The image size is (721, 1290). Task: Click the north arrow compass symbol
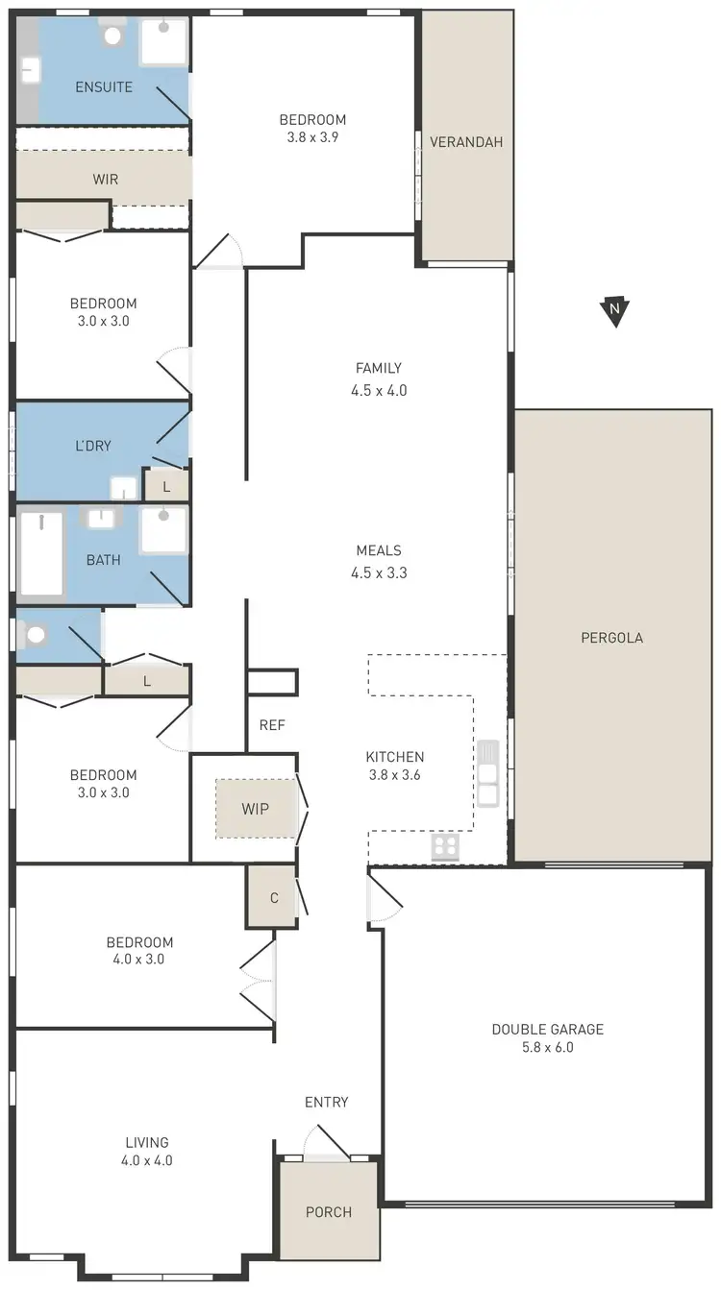click(x=614, y=311)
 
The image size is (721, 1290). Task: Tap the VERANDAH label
click(x=466, y=142)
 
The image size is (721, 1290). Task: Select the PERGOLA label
click(x=611, y=638)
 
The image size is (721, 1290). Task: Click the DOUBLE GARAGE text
click(x=547, y=1030)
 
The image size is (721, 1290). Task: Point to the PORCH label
click(x=329, y=1212)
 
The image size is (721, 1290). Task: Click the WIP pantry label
click(x=255, y=809)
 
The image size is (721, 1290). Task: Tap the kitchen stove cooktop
click(x=445, y=846)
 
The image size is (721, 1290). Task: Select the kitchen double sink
click(x=487, y=774)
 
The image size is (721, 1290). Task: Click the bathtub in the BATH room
click(x=41, y=554)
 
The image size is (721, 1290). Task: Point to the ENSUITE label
click(x=104, y=87)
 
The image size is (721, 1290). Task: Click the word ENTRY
click(x=327, y=1103)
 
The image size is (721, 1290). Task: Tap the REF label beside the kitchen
click(x=272, y=726)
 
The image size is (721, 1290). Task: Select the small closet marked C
click(x=274, y=898)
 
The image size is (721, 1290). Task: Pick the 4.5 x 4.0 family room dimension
click(x=378, y=391)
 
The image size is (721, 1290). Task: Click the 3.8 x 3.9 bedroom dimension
click(x=312, y=137)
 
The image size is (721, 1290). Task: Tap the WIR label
click(x=106, y=180)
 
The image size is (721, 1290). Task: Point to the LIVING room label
click(x=147, y=1143)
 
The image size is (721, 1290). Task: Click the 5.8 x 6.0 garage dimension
click(x=547, y=1048)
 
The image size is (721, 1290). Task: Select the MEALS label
click(x=378, y=550)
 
